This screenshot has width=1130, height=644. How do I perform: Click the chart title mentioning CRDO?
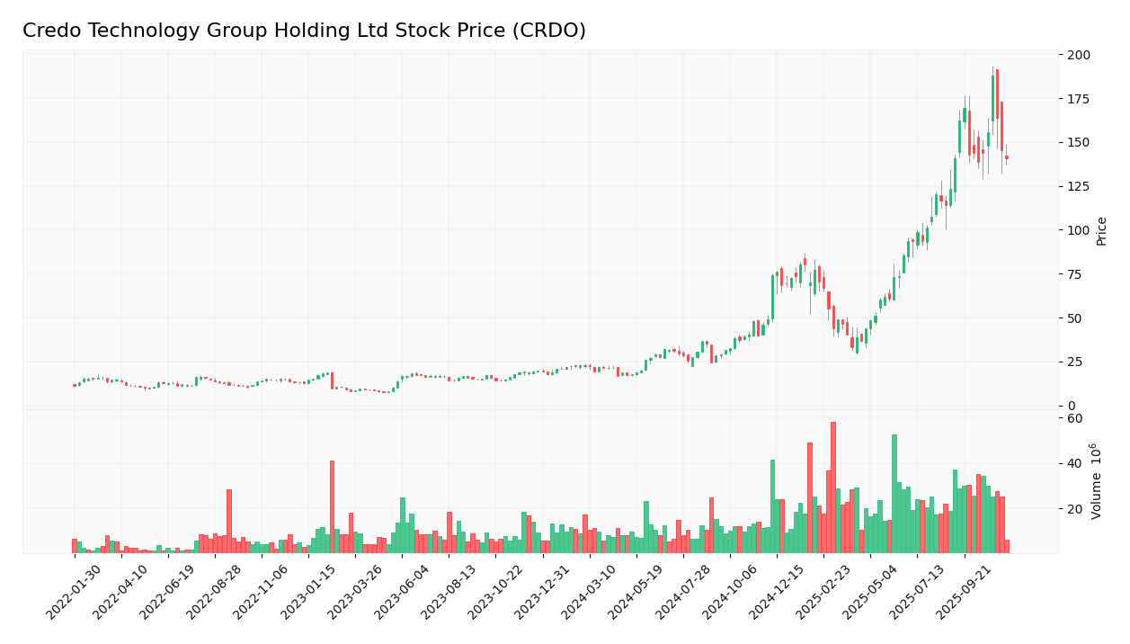click(304, 31)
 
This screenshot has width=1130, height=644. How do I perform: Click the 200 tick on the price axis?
click(1078, 55)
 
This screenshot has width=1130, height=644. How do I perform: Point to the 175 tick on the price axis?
click(1078, 99)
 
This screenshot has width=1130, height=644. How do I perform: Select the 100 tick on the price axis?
click(1078, 230)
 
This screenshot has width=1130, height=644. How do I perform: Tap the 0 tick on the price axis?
click(1072, 406)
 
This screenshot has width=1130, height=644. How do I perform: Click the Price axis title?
click(1101, 231)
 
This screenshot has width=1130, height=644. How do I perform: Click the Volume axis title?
click(1096, 480)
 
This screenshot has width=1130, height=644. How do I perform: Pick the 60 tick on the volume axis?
click(1074, 418)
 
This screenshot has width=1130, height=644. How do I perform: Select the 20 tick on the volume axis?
click(1074, 509)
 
